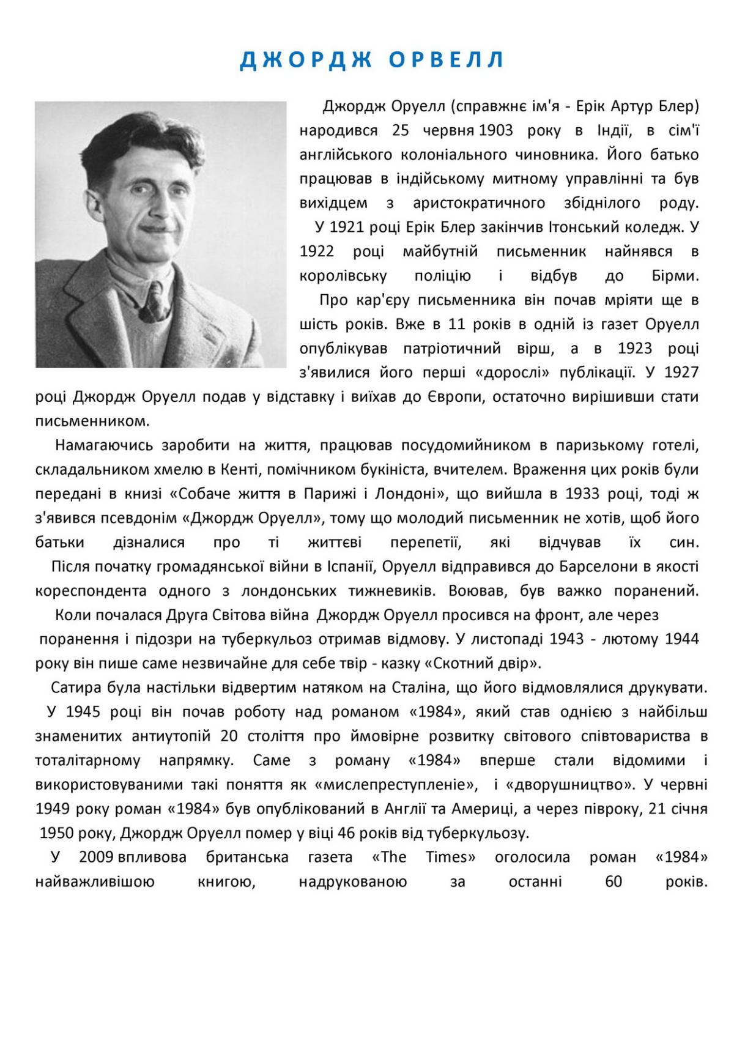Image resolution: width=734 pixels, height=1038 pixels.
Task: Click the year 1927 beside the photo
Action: click(x=681, y=373)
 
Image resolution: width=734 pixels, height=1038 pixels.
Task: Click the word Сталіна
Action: click(x=411, y=688)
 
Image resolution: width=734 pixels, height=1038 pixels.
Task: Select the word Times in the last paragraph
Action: click(x=451, y=857)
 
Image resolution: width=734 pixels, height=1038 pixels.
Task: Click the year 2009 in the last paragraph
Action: click(x=96, y=857)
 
